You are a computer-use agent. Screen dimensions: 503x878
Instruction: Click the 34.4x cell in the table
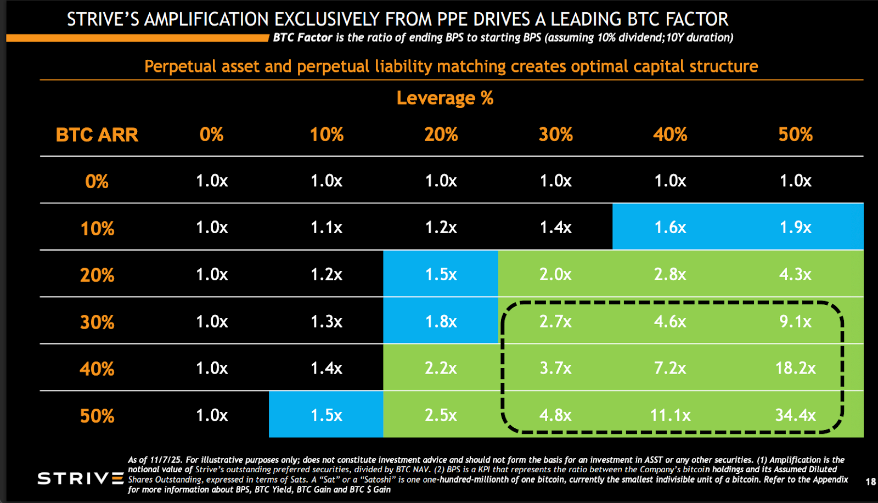pos(795,415)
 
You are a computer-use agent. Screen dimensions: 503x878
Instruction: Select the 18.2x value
pos(795,368)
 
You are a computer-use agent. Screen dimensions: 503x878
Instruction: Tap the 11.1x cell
pos(670,415)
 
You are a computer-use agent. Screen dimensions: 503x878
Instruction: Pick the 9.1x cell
pos(795,321)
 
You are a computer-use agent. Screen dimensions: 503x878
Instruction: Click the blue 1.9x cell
pos(795,227)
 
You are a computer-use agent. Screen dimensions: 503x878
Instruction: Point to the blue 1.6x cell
pos(670,227)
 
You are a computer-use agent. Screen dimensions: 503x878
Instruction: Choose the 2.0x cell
pos(555,274)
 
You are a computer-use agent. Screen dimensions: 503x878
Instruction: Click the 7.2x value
pos(670,368)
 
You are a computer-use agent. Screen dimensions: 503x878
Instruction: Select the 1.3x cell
pos(327,321)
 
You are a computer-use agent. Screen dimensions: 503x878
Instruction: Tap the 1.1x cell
pos(327,227)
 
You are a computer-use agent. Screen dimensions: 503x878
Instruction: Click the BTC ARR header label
pos(97,135)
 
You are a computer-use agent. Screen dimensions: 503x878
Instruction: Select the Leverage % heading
pos(445,98)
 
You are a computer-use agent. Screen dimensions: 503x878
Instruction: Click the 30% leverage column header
pos(555,135)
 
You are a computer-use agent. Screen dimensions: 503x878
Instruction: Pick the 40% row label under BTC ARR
pos(97,369)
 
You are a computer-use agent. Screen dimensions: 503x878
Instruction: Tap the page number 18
pos(870,482)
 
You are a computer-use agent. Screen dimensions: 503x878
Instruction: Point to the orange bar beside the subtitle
pos(137,38)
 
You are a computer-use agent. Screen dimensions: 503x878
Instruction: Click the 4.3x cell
pos(795,274)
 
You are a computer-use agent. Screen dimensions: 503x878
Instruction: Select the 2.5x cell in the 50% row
pos(441,415)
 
